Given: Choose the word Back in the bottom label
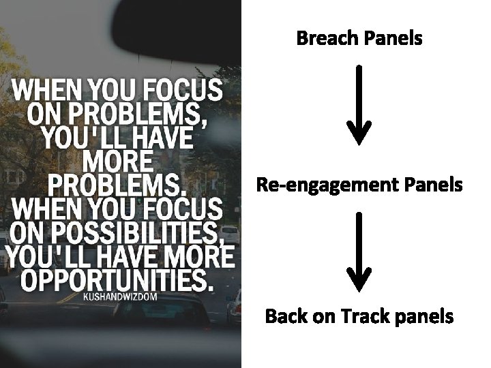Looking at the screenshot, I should (286, 317).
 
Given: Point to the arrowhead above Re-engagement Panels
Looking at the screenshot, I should (359, 133).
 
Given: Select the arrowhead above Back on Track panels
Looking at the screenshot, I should (359, 279).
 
